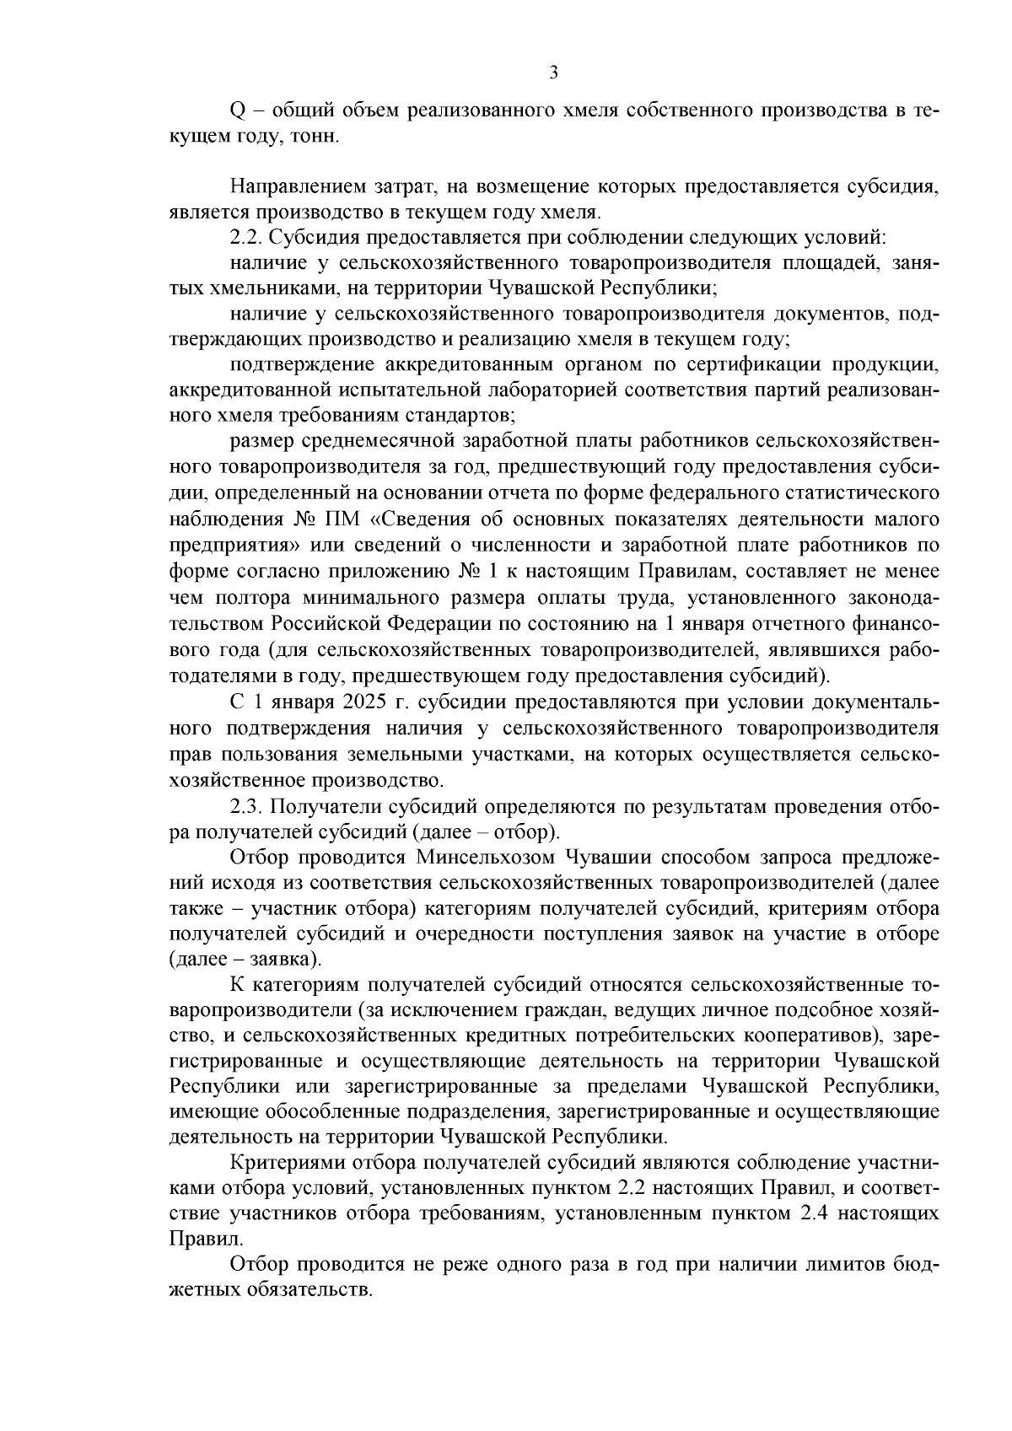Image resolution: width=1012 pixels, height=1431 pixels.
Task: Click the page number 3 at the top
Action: [x=553, y=73]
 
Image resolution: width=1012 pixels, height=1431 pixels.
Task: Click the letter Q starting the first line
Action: [x=237, y=110]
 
